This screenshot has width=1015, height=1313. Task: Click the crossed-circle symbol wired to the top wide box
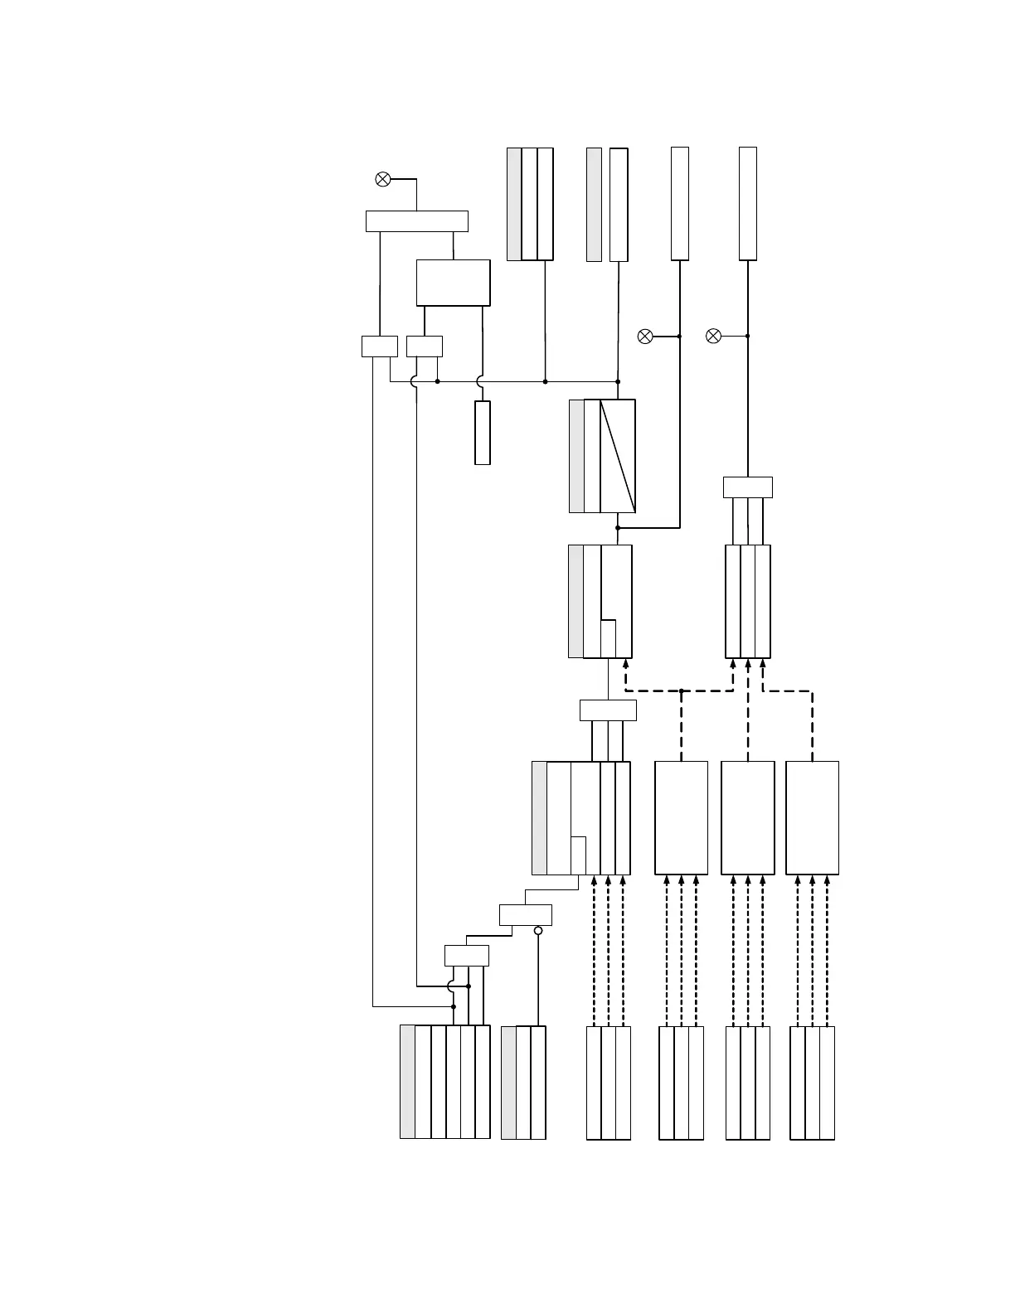click(383, 179)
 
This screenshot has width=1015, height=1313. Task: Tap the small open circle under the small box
click(538, 931)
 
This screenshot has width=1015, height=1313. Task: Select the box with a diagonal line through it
click(618, 456)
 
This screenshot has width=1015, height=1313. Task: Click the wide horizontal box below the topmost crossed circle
click(416, 221)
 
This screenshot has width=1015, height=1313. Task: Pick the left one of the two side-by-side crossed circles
click(645, 336)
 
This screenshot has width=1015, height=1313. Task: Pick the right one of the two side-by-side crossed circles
click(713, 336)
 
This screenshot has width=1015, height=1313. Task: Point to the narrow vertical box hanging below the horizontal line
click(482, 433)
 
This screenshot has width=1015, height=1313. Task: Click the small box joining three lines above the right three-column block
click(747, 487)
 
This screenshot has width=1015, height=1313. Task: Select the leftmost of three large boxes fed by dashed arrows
click(681, 817)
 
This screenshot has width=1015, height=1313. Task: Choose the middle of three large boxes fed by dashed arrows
click(747, 817)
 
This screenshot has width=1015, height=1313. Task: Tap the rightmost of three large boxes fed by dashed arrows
click(812, 817)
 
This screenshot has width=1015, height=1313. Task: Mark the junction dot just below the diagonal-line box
click(618, 527)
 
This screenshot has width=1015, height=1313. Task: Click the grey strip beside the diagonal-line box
click(576, 456)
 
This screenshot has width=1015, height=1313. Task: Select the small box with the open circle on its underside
click(526, 915)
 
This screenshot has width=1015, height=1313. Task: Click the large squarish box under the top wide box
click(453, 283)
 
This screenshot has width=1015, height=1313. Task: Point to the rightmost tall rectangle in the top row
click(747, 204)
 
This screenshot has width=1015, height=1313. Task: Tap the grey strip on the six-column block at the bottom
click(407, 1082)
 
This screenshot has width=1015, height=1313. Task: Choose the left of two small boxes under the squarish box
click(380, 346)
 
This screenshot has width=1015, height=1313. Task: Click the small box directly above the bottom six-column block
click(466, 956)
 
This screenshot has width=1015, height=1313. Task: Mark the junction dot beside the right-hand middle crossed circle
click(747, 336)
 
